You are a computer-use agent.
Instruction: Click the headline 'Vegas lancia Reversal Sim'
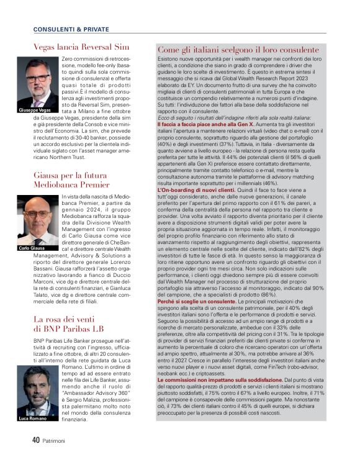click(x=81, y=47)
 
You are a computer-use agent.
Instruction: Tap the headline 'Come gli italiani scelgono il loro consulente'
click(x=238, y=50)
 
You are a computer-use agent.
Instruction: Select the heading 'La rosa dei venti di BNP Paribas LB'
click(x=68, y=324)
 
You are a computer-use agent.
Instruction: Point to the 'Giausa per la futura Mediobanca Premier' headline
click(x=71, y=180)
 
